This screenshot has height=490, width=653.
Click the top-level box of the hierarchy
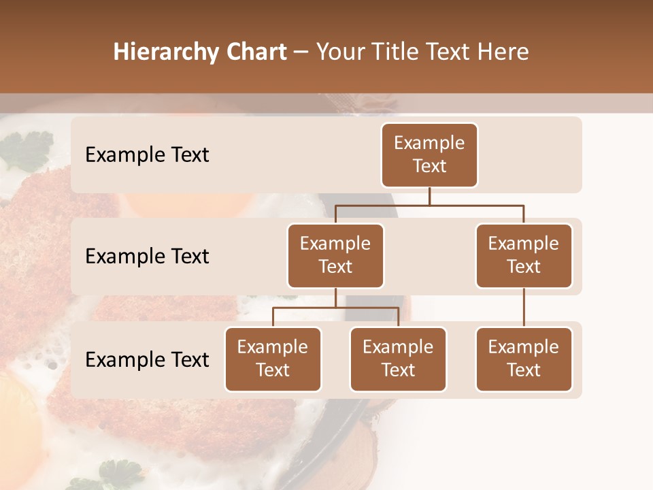pos(429,154)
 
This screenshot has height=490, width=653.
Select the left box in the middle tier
pos(335,255)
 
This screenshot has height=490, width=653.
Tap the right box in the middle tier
pos(524,255)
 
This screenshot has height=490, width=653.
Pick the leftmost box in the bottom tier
pos(273,359)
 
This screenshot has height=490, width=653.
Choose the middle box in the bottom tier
pos(398,359)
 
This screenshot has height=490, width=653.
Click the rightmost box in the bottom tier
pos(524,359)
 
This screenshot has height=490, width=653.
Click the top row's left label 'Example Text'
pos(147,155)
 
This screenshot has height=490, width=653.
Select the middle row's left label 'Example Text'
pos(147,257)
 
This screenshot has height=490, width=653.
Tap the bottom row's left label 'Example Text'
pos(147,360)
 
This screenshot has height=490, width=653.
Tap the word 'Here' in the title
pos(503,52)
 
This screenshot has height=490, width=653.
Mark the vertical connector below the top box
pos(429,196)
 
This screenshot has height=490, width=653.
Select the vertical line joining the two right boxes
pos(524,308)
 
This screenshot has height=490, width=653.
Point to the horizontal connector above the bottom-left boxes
pos(335,308)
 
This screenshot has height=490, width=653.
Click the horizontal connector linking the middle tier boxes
pos(429,205)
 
